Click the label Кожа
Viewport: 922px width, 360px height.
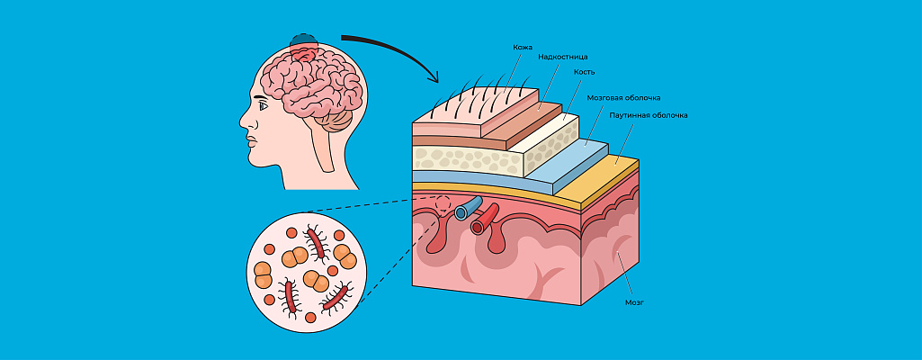click(x=523, y=47)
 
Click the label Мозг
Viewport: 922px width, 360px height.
click(x=634, y=302)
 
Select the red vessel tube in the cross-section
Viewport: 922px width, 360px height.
click(x=487, y=217)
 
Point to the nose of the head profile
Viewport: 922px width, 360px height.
click(x=244, y=124)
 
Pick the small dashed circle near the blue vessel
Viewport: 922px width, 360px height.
click(x=439, y=205)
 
